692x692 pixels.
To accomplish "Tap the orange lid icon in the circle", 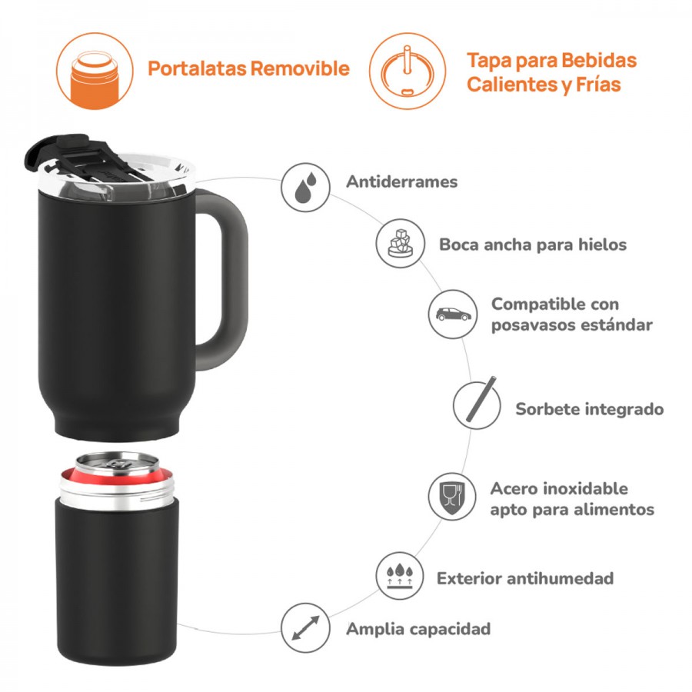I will pos(407,71).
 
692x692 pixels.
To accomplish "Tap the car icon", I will pos(453,314).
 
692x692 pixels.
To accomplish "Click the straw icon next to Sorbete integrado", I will pos(477,405).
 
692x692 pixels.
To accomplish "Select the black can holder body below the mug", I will pos(115,584).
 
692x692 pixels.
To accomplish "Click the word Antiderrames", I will pos(401,182).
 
